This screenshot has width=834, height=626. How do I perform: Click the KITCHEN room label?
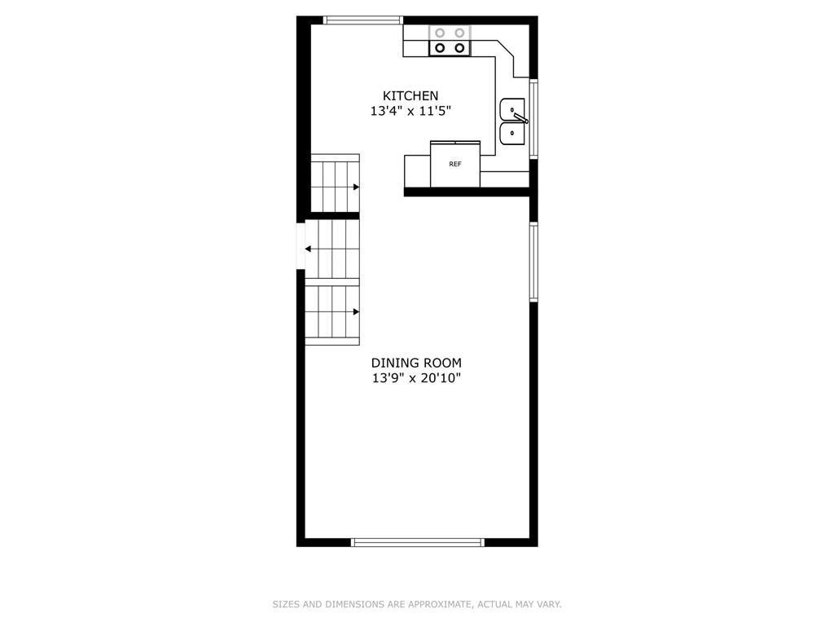tap(410, 96)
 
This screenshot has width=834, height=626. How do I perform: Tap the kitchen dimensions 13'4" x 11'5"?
tap(410, 111)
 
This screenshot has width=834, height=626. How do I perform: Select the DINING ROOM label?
tap(416, 363)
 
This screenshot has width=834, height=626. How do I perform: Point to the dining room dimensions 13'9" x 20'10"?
tap(416, 378)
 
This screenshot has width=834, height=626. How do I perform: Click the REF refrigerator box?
tap(455, 164)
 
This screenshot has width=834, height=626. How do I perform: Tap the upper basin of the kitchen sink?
tap(512, 110)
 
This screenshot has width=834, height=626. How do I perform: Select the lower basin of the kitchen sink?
tap(512, 134)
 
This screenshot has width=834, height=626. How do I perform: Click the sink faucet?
tap(519, 116)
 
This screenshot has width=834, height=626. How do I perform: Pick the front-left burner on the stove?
tap(440, 48)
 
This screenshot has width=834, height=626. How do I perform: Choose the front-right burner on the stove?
tap(459, 48)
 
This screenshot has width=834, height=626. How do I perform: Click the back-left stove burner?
tap(440, 33)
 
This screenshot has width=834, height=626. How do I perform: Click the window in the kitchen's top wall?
tap(363, 20)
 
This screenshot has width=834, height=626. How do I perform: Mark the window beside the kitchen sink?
tap(533, 118)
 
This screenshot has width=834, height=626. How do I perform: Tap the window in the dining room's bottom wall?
tap(418, 542)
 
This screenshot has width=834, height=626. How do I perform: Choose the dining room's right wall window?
tap(533, 262)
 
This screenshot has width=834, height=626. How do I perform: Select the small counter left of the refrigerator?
tap(418, 171)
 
